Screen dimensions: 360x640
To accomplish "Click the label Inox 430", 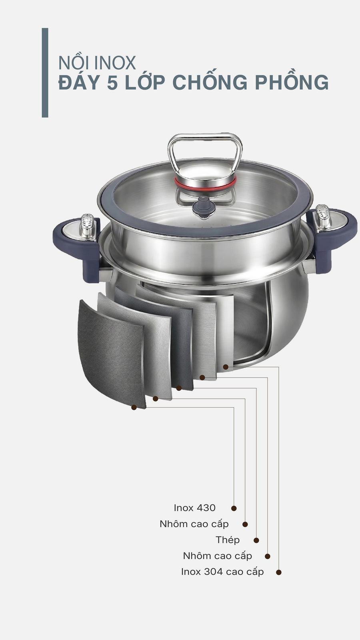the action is (x=194, y=508).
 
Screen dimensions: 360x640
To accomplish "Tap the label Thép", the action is (x=228, y=540).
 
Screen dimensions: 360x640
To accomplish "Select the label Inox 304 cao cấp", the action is (x=222, y=572).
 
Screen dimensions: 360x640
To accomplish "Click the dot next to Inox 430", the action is (x=234, y=508).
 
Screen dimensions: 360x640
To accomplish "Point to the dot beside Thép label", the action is (x=256, y=540).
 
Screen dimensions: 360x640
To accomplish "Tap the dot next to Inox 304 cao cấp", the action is (x=279, y=572).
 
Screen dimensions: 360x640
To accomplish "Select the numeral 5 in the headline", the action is (x=112, y=82).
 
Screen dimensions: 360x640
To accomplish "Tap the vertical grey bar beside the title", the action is (x=45, y=72).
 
